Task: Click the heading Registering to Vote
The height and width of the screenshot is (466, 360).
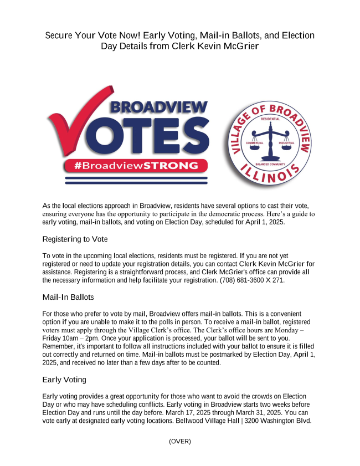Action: pos(75,239)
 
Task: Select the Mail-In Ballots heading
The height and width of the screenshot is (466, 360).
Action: pos(68,298)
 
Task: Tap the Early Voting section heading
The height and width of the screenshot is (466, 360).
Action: pos(65,380)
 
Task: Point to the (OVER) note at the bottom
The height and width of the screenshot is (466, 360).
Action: pos(180,441)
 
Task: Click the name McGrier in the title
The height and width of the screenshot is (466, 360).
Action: pos(240,46)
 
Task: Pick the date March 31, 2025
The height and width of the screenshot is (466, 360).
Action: pos(269,412)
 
